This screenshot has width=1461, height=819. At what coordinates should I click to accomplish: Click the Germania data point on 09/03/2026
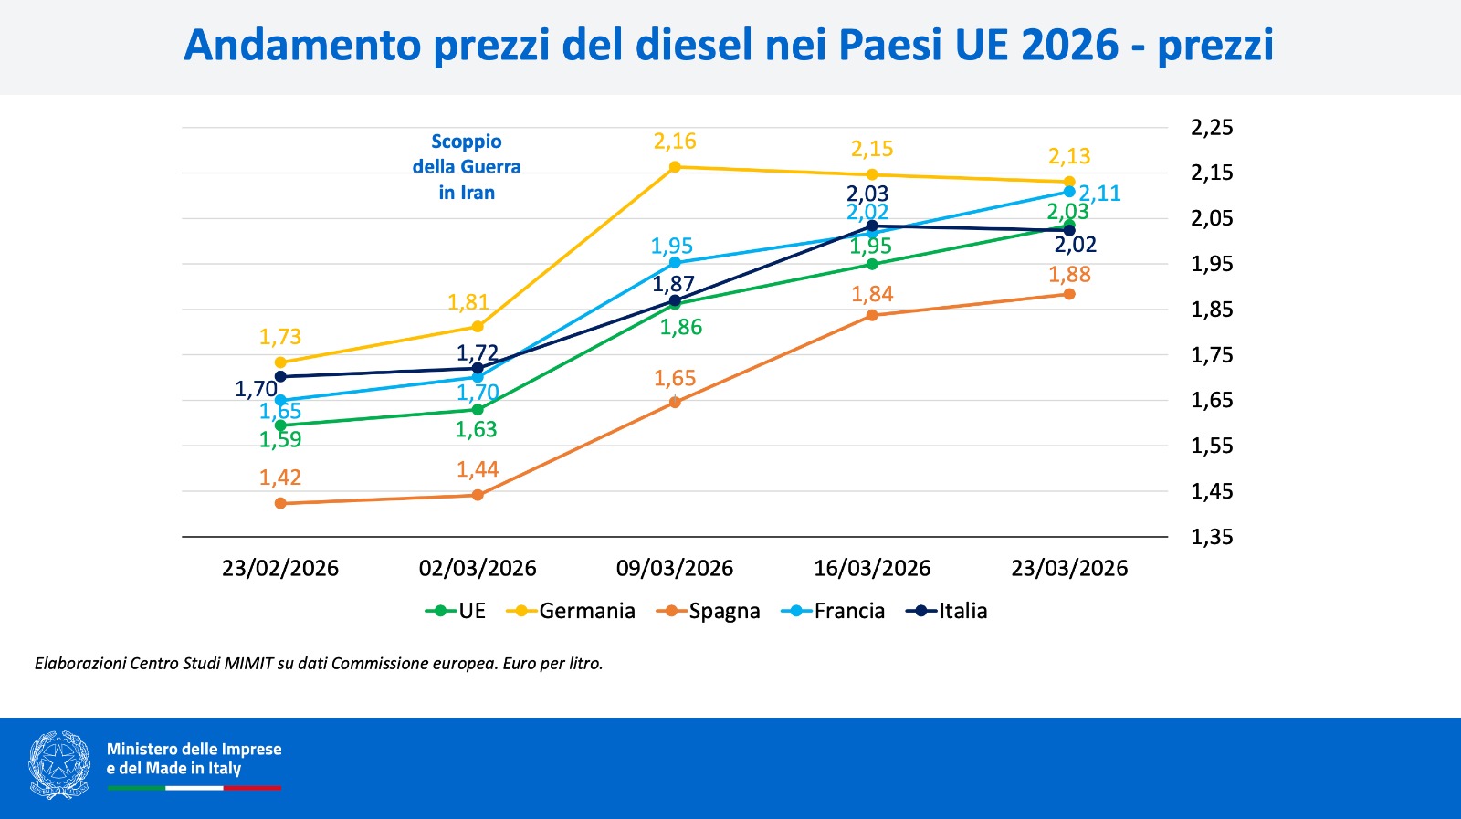(x=675, y=167)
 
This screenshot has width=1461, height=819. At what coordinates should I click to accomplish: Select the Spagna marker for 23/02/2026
(x=280, y=503)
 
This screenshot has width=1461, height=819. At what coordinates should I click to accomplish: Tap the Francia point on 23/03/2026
(x=1069, y=192)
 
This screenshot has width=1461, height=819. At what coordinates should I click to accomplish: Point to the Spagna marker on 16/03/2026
(x=872, y=315)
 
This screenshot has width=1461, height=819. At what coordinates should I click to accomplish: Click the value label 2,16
(x=675, y=142)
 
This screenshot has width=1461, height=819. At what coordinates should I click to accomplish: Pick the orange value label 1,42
(x=280, y=478)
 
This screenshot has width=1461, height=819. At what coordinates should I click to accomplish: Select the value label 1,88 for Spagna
(x=1069, y=275)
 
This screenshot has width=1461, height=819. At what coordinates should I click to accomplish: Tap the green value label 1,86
(x=681, y=328)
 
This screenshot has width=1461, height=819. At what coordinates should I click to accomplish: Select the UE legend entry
(x=456, y=611)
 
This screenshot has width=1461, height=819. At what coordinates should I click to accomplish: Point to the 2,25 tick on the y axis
(x=1212, y=128)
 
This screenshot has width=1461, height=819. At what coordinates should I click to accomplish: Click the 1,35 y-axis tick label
(x=1212, y=537)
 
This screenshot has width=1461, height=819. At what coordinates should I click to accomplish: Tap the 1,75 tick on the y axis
(x=1212, y=355)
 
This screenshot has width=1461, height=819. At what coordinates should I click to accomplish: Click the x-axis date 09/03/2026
(x=675, y=568)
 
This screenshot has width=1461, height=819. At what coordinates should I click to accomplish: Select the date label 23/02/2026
(x=280, y=568)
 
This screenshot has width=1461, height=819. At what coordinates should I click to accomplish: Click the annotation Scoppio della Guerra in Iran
(x=467, y=167)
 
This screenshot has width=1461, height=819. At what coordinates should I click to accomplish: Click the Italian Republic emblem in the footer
(x=59, y=765)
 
